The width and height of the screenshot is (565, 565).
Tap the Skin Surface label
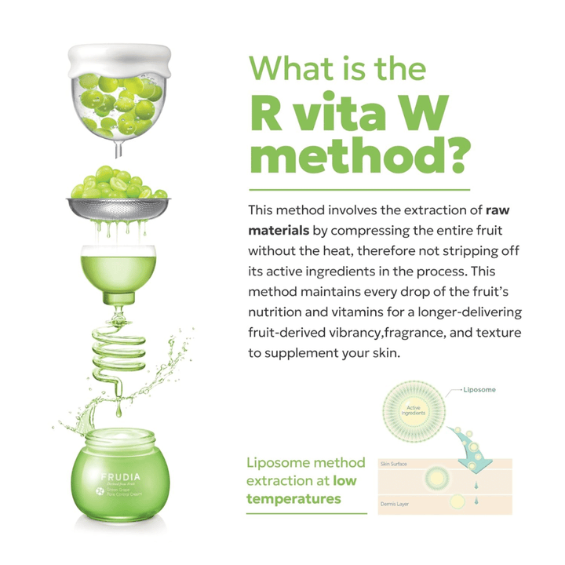tap(393, 465)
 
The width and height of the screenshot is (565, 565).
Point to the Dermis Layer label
tap(394, 504)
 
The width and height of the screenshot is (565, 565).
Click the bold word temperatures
tap(293, 499)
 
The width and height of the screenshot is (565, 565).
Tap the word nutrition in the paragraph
tap(279, 313)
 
